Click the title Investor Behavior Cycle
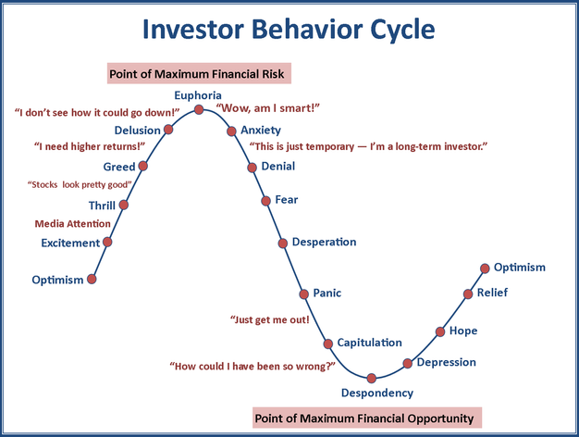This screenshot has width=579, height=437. point(289,30)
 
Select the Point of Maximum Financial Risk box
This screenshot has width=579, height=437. point(200,73)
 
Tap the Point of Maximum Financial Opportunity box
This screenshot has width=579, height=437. point(367,418)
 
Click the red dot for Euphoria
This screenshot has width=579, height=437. point(199,109)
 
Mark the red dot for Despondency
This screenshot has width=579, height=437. point(372,378)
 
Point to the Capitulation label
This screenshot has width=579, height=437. point(369,343)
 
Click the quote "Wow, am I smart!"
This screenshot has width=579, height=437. point(267,108)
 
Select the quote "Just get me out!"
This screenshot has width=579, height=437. point(269,320)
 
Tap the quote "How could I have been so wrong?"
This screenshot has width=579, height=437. point(253,366)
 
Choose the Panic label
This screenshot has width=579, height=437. point(326,293)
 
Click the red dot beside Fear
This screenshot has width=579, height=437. point(267,200)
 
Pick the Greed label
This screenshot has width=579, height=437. point(118,167)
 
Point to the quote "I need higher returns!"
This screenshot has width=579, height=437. point(89,146)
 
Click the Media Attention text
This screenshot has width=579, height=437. point(72,224)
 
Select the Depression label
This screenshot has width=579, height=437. point(446,362)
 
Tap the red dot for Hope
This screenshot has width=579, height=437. point(440,331)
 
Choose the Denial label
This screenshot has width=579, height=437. point(278,167)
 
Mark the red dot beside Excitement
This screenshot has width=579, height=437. point(107,242)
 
